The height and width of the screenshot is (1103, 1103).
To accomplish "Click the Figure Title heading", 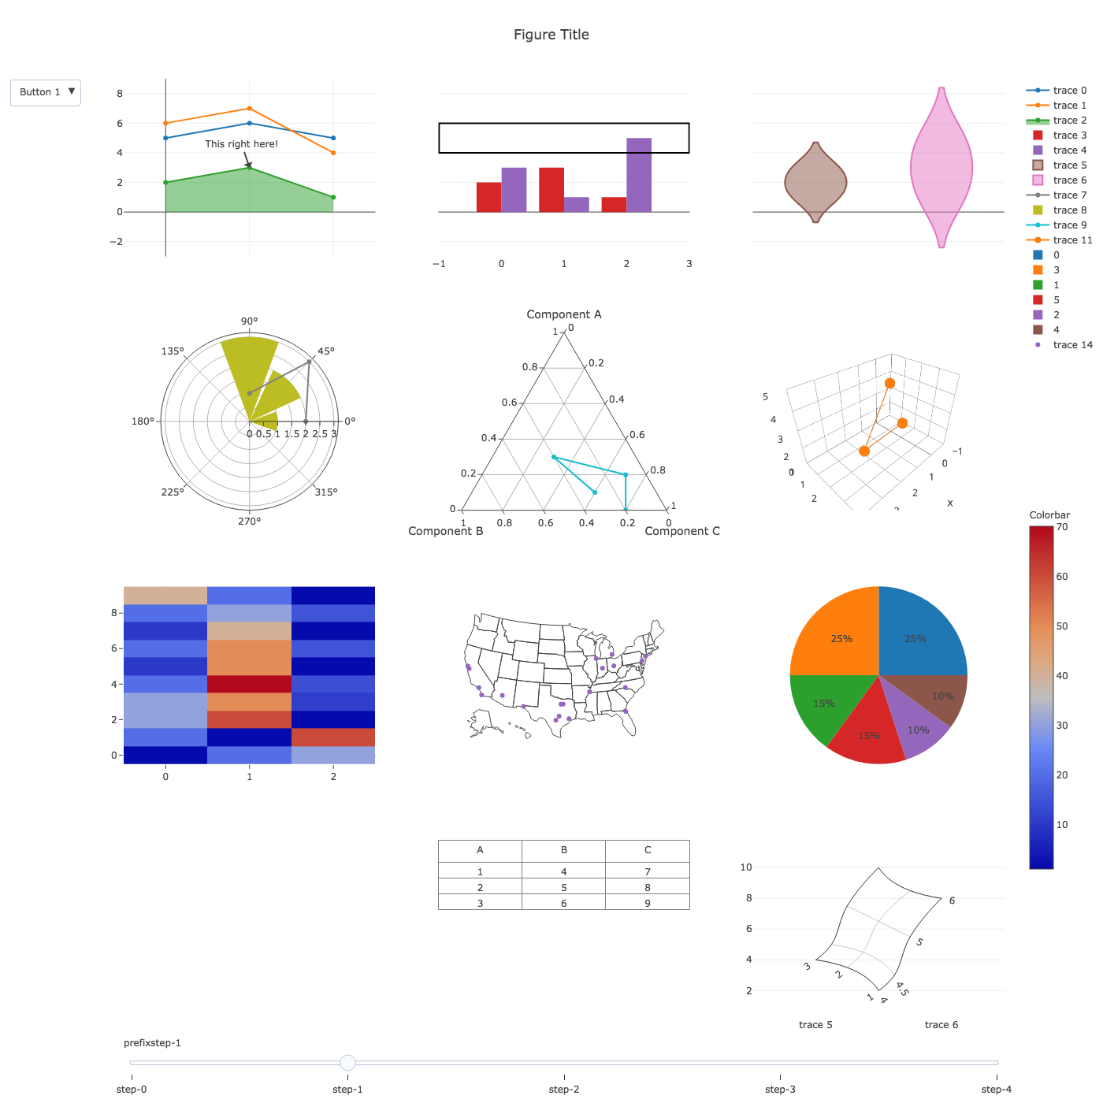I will tap(551, 35).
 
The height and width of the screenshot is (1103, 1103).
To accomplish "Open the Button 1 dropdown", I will tap(46, 92).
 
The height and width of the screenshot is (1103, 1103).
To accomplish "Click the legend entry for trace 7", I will tap(1069, 195).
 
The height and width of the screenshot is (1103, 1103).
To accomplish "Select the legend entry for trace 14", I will tap(1072, 345).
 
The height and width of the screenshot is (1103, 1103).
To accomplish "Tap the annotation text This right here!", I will tap(241, 144).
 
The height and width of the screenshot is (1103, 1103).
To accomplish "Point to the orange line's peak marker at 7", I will tap(250, 109).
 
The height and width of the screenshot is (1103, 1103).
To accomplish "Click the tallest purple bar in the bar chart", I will tap(639, 175).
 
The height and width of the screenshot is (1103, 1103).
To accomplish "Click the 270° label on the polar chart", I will tap(250, 521).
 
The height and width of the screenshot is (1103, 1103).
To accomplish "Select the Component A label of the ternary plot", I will tap(563, 314).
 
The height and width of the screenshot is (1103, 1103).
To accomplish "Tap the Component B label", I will tap(445, 531).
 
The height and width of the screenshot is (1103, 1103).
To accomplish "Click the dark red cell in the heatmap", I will tap(249, 684).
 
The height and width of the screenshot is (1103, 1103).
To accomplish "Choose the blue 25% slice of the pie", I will tap(918, 634).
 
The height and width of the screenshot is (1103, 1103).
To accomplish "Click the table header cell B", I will tap(563, 851).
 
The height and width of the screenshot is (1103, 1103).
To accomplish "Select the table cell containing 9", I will tap(648, 903).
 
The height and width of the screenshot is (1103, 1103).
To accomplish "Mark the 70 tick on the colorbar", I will tap(1062, 527).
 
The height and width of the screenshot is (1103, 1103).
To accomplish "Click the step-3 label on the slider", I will tap(780, 1090).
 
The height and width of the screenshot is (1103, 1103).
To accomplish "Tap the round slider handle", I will tap(347, 1063).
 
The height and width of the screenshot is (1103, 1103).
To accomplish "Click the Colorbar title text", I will tap(1049, 515).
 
